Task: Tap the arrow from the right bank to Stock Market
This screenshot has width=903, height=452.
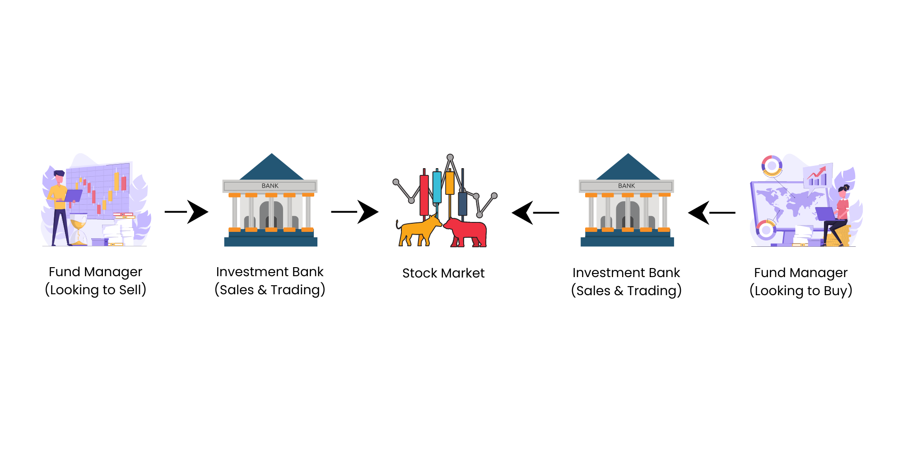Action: (535, 212)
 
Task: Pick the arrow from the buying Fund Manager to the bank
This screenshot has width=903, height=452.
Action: (711, 212)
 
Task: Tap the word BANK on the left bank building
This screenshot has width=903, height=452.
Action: (270, 186)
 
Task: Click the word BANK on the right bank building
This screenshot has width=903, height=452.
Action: (626, 186)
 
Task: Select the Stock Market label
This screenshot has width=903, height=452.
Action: (443, 273)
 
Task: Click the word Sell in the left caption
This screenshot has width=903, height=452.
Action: (130, 290)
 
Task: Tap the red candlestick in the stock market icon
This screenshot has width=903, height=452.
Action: (424, 194)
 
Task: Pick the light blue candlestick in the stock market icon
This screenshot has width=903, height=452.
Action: (437, 187)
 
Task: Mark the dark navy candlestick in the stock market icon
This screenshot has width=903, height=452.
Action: (462, 203)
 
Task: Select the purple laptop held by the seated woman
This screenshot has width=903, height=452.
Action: (825, 213)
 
